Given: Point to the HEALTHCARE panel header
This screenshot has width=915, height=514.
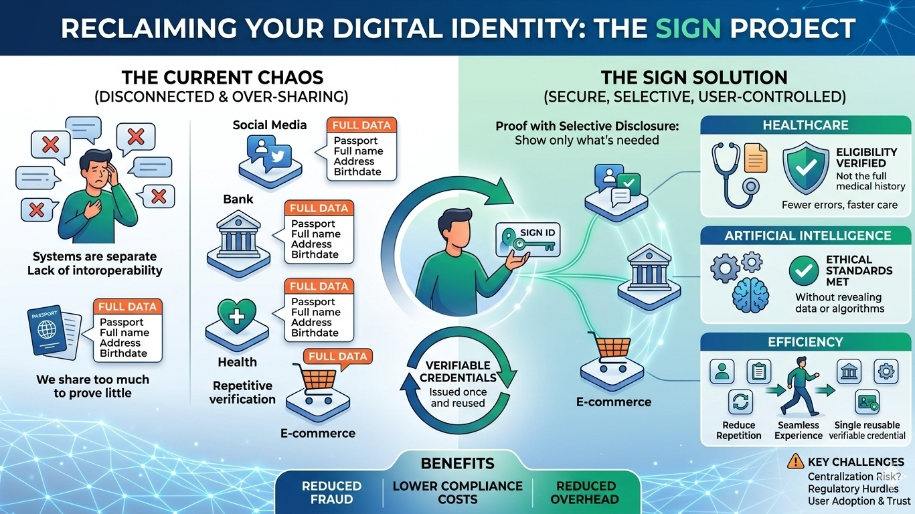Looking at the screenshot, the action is coord(805,125).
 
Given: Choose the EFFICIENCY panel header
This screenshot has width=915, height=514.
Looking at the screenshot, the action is coord(805,342).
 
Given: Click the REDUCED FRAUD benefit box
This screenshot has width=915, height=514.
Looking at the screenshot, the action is coord(331,493).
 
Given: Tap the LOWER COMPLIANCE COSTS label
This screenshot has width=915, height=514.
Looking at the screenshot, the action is coord(458,493).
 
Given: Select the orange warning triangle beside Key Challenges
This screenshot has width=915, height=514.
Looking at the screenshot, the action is coord(796,461).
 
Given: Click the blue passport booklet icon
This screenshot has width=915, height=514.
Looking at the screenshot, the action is coord(49,335).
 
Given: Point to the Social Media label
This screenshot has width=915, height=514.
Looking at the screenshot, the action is coord(270,125).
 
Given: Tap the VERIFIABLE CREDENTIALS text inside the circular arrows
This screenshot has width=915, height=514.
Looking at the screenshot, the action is coord(459,372).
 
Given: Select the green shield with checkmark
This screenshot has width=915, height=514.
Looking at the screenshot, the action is coord(805,168).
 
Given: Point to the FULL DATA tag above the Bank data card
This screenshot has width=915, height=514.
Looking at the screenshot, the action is coord(319,209).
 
